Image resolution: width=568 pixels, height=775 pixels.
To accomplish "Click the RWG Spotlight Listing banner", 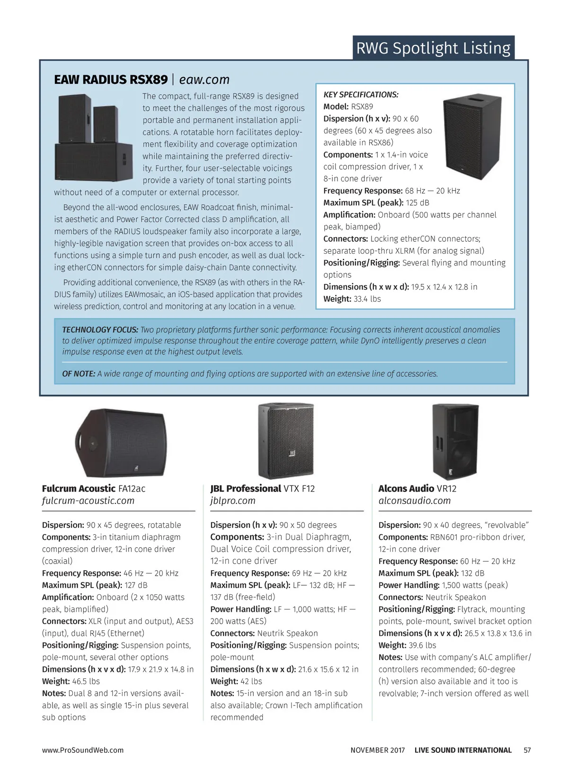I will coord(433,48).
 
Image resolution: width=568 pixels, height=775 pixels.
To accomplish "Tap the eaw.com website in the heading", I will coord(204,79).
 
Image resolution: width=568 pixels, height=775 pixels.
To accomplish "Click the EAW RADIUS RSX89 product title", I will coord(111,79).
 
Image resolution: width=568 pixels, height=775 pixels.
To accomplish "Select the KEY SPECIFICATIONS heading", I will coord(361,95).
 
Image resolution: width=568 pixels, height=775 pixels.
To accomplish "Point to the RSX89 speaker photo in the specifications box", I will coord(473,134).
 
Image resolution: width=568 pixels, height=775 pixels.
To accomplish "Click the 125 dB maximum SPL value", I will coord(417,203).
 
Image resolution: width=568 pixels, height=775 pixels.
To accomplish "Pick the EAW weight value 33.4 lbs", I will coord(367,299).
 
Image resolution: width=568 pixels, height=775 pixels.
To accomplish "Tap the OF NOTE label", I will coord(79,374).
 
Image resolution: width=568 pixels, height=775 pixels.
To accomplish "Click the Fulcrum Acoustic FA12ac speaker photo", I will coord(121,442).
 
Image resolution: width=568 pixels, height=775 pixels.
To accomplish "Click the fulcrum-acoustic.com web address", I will coord(88,501).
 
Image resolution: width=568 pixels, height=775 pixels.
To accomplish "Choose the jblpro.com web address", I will coord(232,501).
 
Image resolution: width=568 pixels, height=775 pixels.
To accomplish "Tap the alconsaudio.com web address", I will coord(414,501).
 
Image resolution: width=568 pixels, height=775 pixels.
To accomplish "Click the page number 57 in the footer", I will coord(527,750).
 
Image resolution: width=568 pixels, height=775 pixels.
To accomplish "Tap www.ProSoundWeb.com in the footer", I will coord(83,750).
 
